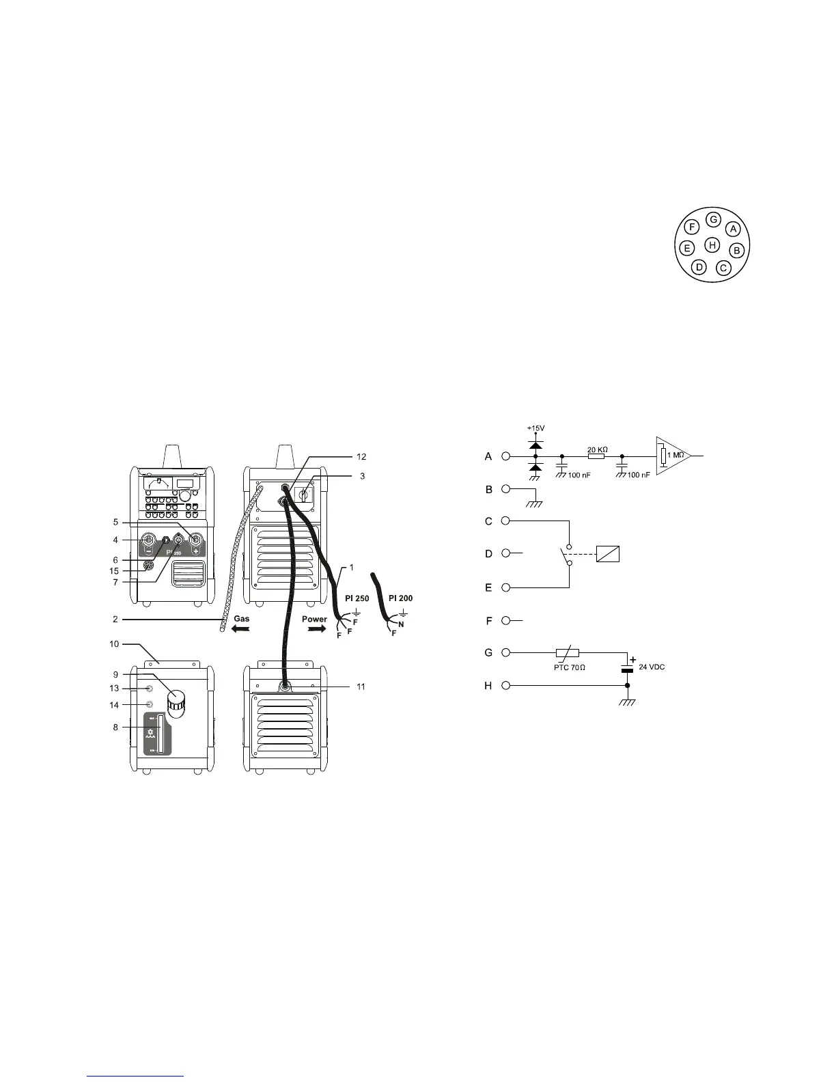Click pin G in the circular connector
(713, 220)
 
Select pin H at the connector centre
(712, 245)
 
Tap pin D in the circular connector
(698, 267)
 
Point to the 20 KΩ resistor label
(598, 450)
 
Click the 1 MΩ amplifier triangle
(672, 455)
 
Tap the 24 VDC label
(652, 667)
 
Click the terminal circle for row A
(505, 456)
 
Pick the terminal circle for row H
(505, 685)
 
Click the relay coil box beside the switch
(608, 553)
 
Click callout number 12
(362, 456)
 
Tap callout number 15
(114, 570)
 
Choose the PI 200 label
(400, 598)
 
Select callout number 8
(116, 727)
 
